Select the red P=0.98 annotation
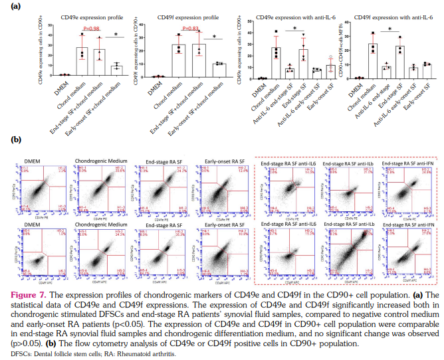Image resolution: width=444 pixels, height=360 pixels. [91, 29]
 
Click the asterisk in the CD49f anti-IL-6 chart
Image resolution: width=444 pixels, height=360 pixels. [389, 29]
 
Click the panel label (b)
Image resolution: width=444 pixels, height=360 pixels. [10, 141]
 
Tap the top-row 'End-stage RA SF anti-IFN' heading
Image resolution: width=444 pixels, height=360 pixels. [403, 162]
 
